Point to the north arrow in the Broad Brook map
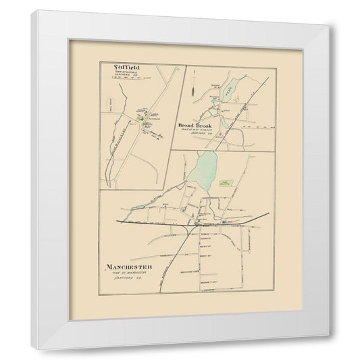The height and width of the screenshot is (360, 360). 193,86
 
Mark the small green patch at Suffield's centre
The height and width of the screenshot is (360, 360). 140,118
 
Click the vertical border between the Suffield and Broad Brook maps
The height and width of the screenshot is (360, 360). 184,101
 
